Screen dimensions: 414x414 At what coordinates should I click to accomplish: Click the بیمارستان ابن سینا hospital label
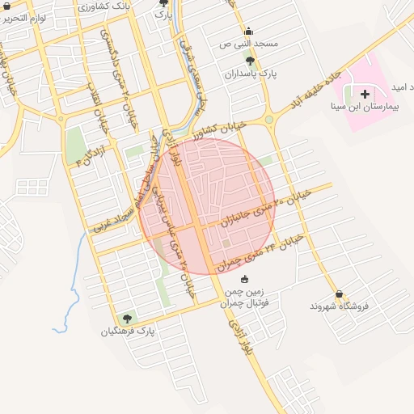click(x=369, y=106)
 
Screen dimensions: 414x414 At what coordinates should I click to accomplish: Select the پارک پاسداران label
click(x=251, y=73)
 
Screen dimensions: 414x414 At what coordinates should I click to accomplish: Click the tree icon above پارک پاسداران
click(x=249, y=61)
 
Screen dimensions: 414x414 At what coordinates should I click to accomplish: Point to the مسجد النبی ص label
click(x=249, y=42)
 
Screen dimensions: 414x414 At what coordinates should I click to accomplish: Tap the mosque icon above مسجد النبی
click(x=247, y=30)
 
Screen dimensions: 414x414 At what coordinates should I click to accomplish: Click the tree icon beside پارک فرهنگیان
click(x=125, y=319)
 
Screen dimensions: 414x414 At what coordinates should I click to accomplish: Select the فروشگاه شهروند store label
click(x=339, y=306)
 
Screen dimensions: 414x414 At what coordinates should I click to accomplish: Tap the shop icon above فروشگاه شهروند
click(x=338, y=294)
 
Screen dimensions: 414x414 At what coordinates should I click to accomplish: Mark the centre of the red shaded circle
click(x=206, y=206)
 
